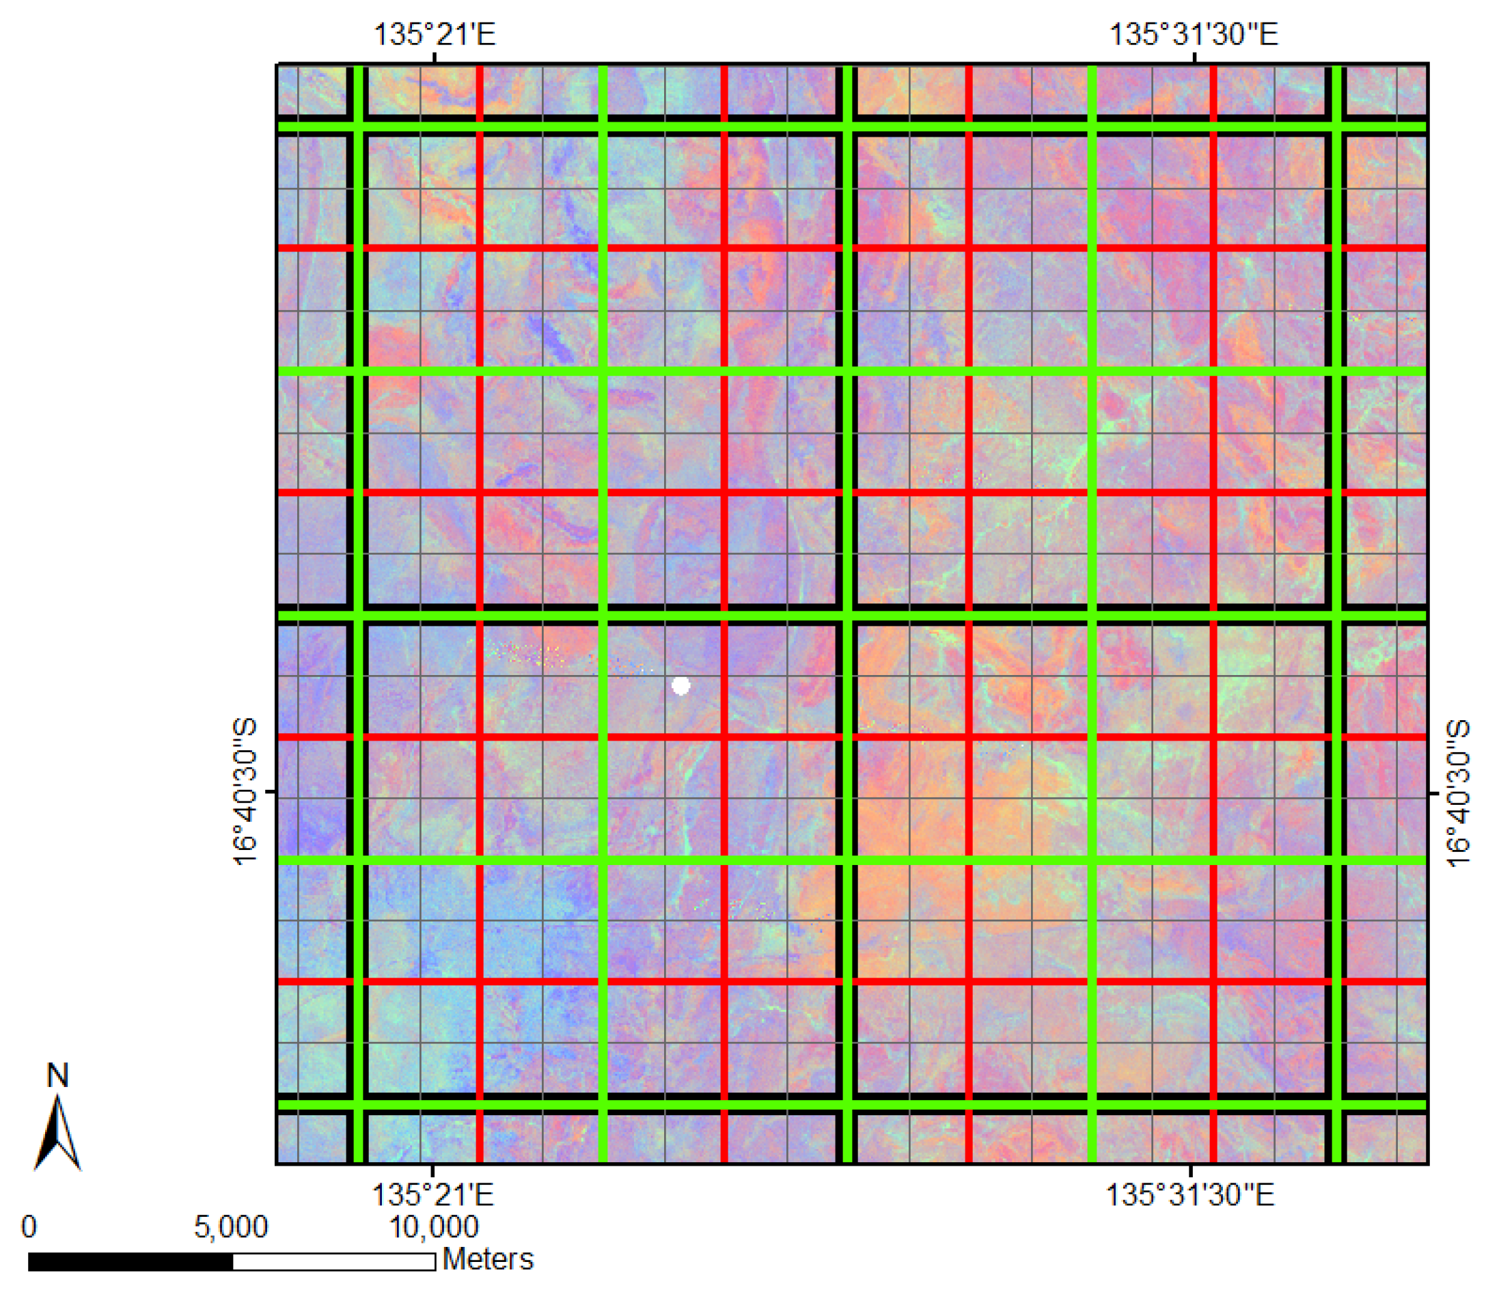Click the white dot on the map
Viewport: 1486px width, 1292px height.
pos(680,686)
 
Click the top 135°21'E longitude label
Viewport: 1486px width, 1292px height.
pos(434,34)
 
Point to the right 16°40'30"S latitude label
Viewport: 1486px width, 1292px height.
pos(1458,793)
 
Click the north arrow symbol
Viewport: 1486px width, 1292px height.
pos(57,1133)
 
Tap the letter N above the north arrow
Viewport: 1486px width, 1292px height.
pos(57,1075)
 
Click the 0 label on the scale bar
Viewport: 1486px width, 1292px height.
pos(29,1226)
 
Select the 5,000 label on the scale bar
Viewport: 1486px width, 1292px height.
pos(231,1226)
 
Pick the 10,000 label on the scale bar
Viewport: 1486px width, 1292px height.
pos(433,1226)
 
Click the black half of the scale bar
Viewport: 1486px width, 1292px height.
pos(130,1262)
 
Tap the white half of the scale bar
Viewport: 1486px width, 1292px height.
pos(334,1262)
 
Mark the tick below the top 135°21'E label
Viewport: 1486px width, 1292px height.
pos(434,57)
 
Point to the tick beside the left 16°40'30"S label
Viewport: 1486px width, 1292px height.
pos(271,792)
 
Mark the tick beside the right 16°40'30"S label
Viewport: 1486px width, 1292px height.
pos(1433,793)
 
